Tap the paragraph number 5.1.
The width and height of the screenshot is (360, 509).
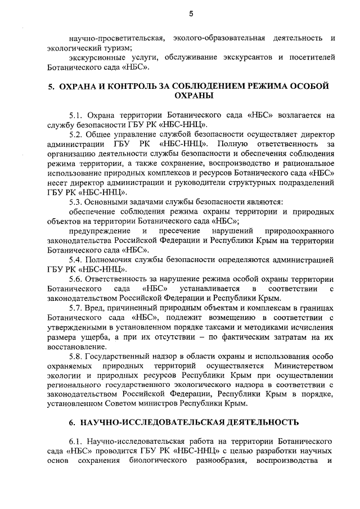tap(76, 114)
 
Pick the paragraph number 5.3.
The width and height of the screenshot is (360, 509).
tap(76, 202)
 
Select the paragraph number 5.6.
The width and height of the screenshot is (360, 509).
tap(76, 280)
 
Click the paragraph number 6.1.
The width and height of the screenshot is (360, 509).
tap(76, 442)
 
